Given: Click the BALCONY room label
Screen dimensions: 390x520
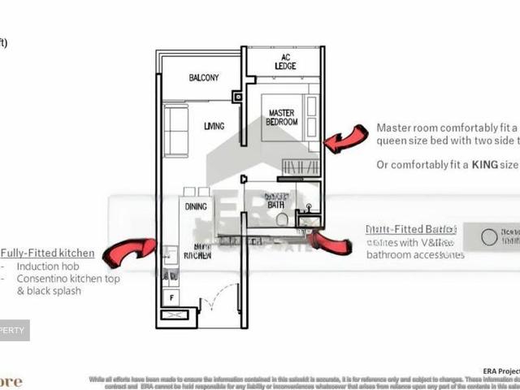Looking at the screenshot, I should [x=204, y=78].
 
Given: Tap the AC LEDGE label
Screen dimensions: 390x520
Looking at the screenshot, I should [x=285, y=61].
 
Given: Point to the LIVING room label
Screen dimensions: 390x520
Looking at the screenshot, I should [x=214, y=126].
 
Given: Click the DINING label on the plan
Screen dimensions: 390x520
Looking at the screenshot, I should [x=196, y=206].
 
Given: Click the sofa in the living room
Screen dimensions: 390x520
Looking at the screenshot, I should [x=175, y=130].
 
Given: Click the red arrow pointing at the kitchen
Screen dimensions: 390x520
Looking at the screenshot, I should [x=129, y=251].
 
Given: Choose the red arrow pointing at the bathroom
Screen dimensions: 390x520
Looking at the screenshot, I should [x=329, y=242].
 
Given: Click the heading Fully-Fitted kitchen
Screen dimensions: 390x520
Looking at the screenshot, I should [x=47, y=253].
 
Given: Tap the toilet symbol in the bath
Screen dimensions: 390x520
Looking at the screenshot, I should [x=282, y=219].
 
